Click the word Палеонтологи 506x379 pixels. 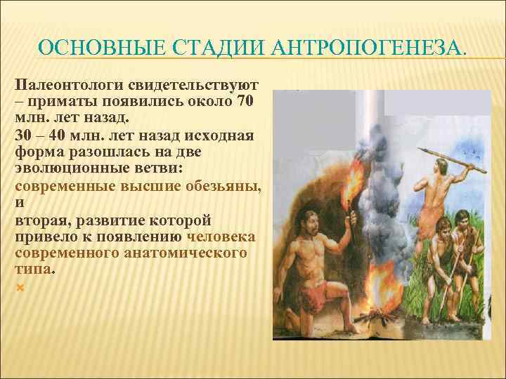67,85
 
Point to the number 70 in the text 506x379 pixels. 246,101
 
